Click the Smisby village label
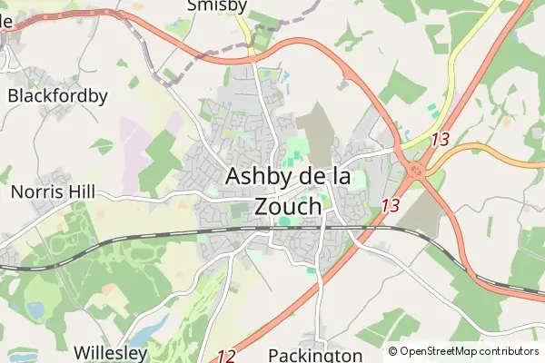coord(216,6)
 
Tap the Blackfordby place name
coord(57,95)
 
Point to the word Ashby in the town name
coord(259,176)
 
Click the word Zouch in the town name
coord(289,206)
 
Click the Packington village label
coord(315,355)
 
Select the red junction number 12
coord(227,357)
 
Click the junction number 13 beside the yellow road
coord(441,140)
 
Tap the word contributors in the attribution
coord(510,351)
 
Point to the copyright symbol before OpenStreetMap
coord(393,351)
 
